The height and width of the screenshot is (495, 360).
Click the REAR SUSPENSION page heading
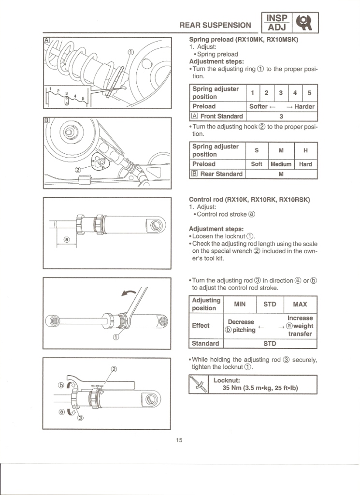point(215,25)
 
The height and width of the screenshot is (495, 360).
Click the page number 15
point(179,440)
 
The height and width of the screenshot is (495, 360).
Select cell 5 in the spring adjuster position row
point(309,92)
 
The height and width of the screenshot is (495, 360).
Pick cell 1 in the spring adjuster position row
point(252,92)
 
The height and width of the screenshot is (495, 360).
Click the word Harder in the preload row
point(304,106)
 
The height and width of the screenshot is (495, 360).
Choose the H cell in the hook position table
point(305,150)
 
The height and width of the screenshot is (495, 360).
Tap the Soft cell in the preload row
point(257,164)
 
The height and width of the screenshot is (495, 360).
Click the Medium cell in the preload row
point(281,164)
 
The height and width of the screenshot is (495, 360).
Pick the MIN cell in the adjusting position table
point(240,305)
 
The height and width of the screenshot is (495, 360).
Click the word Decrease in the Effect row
point(241,321)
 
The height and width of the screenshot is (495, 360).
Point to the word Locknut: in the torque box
point(229,380)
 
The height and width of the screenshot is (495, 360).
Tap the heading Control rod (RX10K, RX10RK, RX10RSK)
point(249,200)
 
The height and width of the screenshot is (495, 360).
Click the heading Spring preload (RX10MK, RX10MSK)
point(244,40)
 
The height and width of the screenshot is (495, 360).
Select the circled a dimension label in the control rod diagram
point(67,239)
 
